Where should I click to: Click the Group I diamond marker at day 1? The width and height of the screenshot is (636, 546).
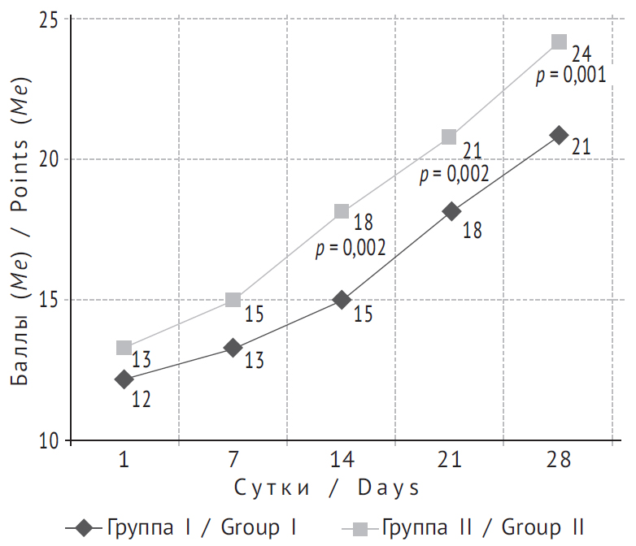(124, 379)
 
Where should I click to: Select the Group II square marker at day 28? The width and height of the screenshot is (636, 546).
(559, 41)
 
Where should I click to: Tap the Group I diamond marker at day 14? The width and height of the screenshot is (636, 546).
(342, 300)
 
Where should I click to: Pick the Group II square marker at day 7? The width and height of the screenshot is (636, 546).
(233, 300)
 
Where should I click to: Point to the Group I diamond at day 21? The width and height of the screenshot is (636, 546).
(451, 211)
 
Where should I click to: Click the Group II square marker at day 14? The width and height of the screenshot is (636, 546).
(342, 211)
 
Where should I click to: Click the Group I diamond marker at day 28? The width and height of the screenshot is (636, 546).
(559, 135)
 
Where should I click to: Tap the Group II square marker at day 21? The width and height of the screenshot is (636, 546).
(450, 136)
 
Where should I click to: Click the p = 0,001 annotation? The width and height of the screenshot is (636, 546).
(571, 76)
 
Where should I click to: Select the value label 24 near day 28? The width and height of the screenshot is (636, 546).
(581, 55)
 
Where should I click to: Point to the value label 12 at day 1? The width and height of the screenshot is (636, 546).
(142, 399)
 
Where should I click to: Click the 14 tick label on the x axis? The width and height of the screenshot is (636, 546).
(342, 461)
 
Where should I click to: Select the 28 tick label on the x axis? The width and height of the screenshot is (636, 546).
(559, 461)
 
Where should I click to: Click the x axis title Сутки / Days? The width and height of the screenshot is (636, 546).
(328, 487)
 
